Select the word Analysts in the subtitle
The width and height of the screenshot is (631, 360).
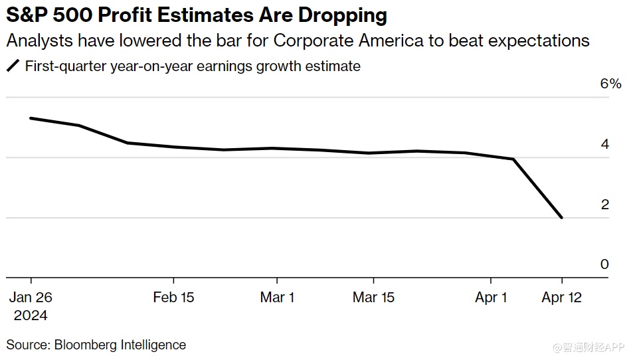tap(38, 41)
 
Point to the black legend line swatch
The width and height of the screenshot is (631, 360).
tap(13, 66)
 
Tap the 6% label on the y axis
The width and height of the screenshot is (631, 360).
tap(610, 84)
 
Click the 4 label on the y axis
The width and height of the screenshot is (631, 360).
tap(604, 144)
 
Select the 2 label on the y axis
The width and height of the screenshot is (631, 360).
tap(604, 205)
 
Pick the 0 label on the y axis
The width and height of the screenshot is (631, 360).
tap(604, 264)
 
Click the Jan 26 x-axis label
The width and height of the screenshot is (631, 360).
tap(31, 298)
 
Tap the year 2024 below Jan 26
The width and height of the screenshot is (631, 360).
tap(31, 315)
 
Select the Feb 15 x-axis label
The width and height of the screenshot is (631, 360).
tap(173, 298)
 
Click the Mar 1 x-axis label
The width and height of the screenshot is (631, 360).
tap(277, 298)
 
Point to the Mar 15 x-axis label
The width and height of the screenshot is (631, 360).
tap(373, 298)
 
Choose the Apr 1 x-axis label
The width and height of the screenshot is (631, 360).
tap(491, 298)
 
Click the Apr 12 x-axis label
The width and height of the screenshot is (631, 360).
tap(562, 298)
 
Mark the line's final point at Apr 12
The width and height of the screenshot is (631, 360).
tap(562, 217)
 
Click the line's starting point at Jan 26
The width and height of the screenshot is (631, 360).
tap(31, 118)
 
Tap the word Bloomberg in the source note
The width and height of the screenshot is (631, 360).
tap(84, 345)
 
